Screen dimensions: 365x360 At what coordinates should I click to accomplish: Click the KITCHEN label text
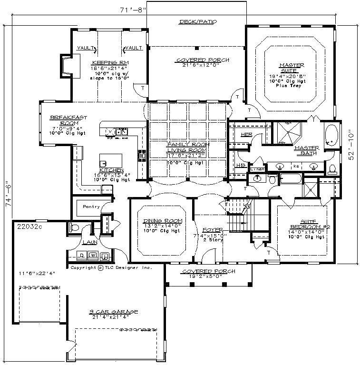coord(112,170)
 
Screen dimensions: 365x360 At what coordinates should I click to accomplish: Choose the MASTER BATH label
coord(306,150)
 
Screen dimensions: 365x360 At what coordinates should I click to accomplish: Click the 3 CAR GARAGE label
coord(113,312)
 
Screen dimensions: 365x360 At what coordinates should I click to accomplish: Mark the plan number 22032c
coord(29,227)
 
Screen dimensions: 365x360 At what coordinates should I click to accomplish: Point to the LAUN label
coord(90,242)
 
